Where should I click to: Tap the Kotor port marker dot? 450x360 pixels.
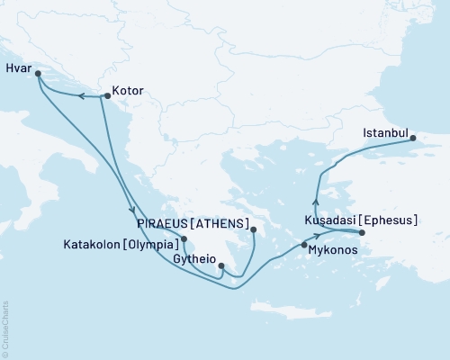[x=108, y=90]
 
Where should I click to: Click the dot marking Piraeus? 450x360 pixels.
[x=254, y=229]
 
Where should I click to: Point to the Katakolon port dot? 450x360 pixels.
[x=184, y=239]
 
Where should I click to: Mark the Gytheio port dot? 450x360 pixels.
[x=221, y=265]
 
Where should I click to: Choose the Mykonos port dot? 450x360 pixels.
[x=304, y=245]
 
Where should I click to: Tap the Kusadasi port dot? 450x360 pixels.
[x=362, y=233]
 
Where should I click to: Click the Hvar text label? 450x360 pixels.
[x=18, y=67]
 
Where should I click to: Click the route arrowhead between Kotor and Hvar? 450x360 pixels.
[x=79, y=95]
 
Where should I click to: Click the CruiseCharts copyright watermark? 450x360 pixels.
[x=5, y=328]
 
